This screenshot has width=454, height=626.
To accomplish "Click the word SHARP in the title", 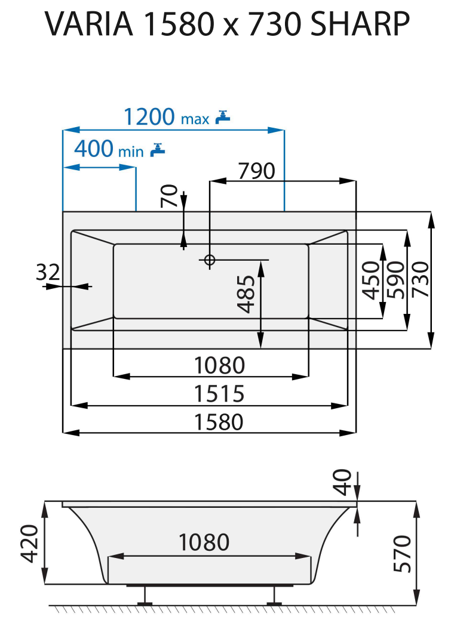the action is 360,24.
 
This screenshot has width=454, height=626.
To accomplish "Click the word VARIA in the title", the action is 89,24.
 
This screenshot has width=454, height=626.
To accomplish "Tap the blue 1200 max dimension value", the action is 166,117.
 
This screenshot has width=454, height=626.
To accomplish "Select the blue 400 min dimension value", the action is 109,149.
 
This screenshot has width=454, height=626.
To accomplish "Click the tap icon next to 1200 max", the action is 223,118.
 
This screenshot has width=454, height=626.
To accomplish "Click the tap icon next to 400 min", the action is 158,150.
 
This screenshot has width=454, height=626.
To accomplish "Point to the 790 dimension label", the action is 257,171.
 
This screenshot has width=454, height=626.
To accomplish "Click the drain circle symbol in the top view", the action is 210,260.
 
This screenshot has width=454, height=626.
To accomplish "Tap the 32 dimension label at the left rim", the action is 48,272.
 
